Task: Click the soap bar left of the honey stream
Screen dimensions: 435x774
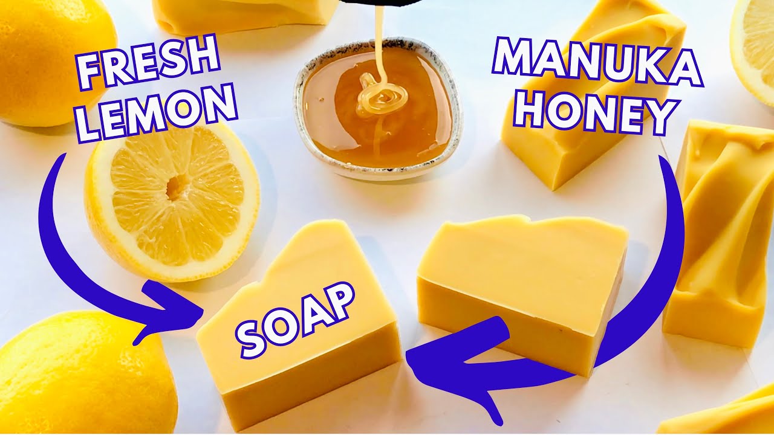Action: pyautogui.click(x=242, y=15)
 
